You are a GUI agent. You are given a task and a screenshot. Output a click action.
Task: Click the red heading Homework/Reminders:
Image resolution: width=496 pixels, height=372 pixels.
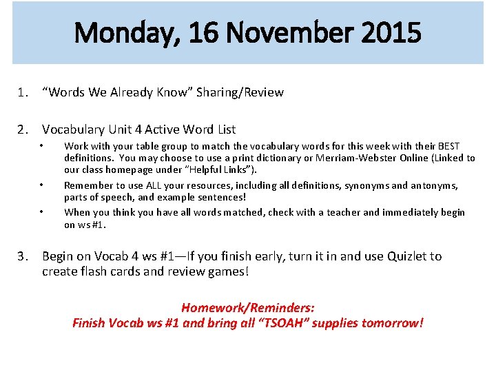[x=247, y=308]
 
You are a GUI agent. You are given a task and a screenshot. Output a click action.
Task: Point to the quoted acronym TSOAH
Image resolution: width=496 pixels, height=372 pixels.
[x=283, y=322]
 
